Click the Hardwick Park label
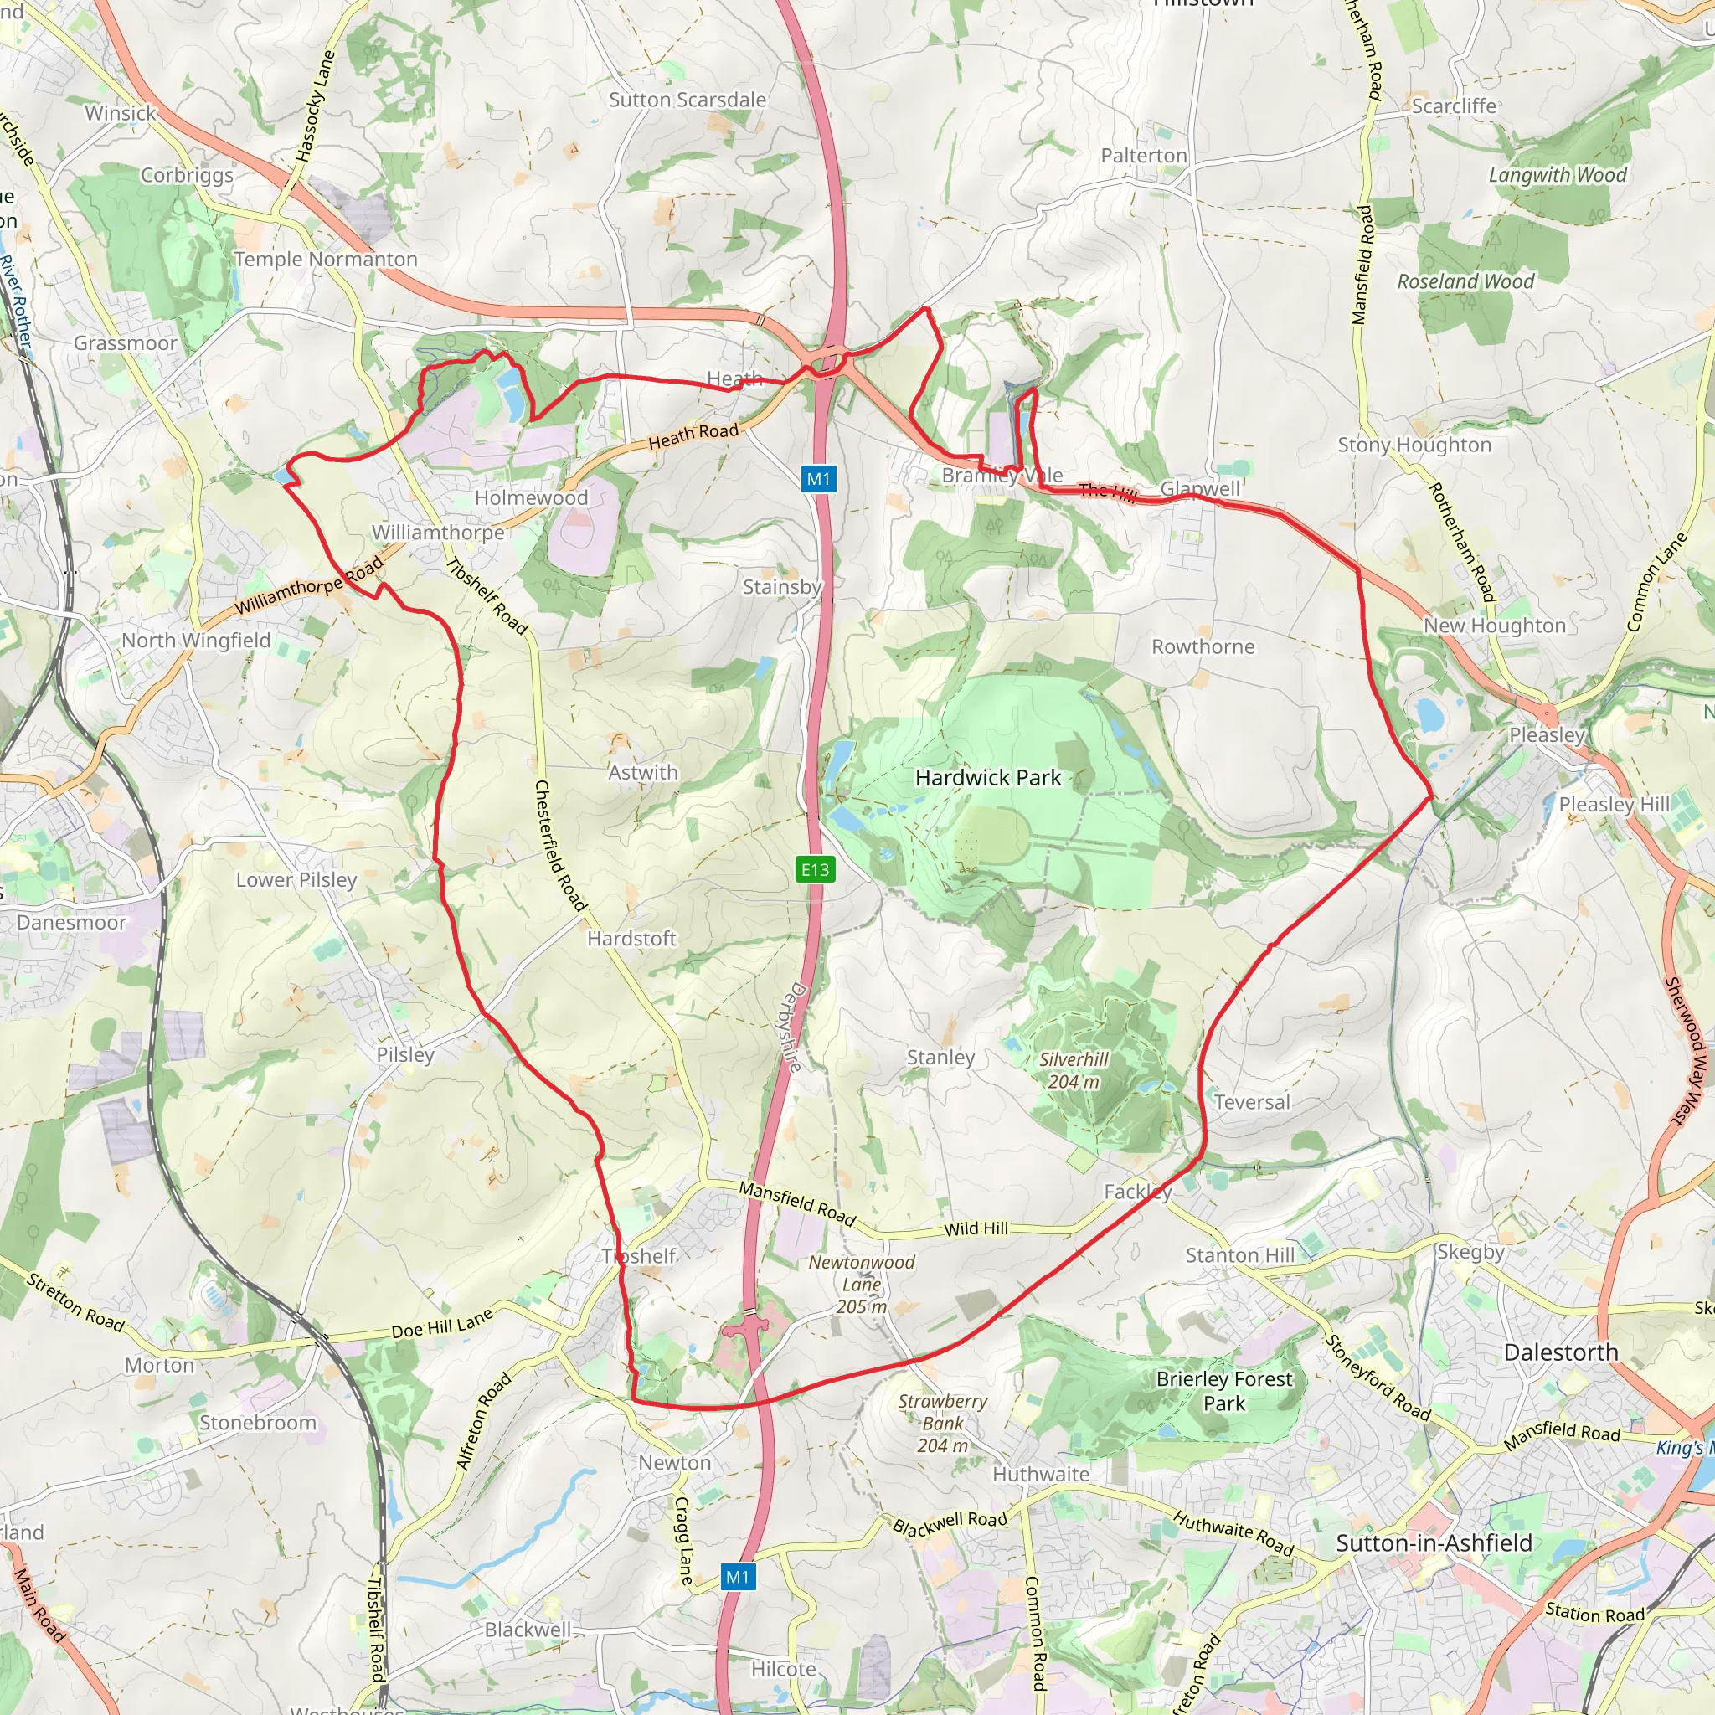pyautogui.click(x=988, y=779)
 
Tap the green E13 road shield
pyautogui.click(x=815, y=870)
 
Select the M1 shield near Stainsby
pyautogui.click(x=817, y=479)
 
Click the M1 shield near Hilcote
pyautogui.click(x=737, y=1578)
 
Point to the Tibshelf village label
pyautogui.click(x=639, y=1256)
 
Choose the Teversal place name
pyautogui.click(x=1252, y=1103)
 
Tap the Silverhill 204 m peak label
pyautogui.click(x=1074, y=1070)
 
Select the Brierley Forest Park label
pyautogui.click(x=1224, y=1391)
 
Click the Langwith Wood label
pyautogui.click(x=1557, y=175)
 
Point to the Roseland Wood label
pyautogui.click(x=1465, y=281)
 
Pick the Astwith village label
pyautogui.click(x=642, y=772)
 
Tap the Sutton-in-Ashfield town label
pyautogui.click(x=1434, y=1543)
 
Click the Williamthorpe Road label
pyautogui.click(x=309, y=585)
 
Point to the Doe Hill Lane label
pyautogui.click(x=442, y=1325)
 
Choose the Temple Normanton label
pyautogui.click(x=326, y=260)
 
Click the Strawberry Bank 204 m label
pyautogui.click(x=943, y=1423)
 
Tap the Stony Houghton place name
pyautogui.click(x=1414, y=445)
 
